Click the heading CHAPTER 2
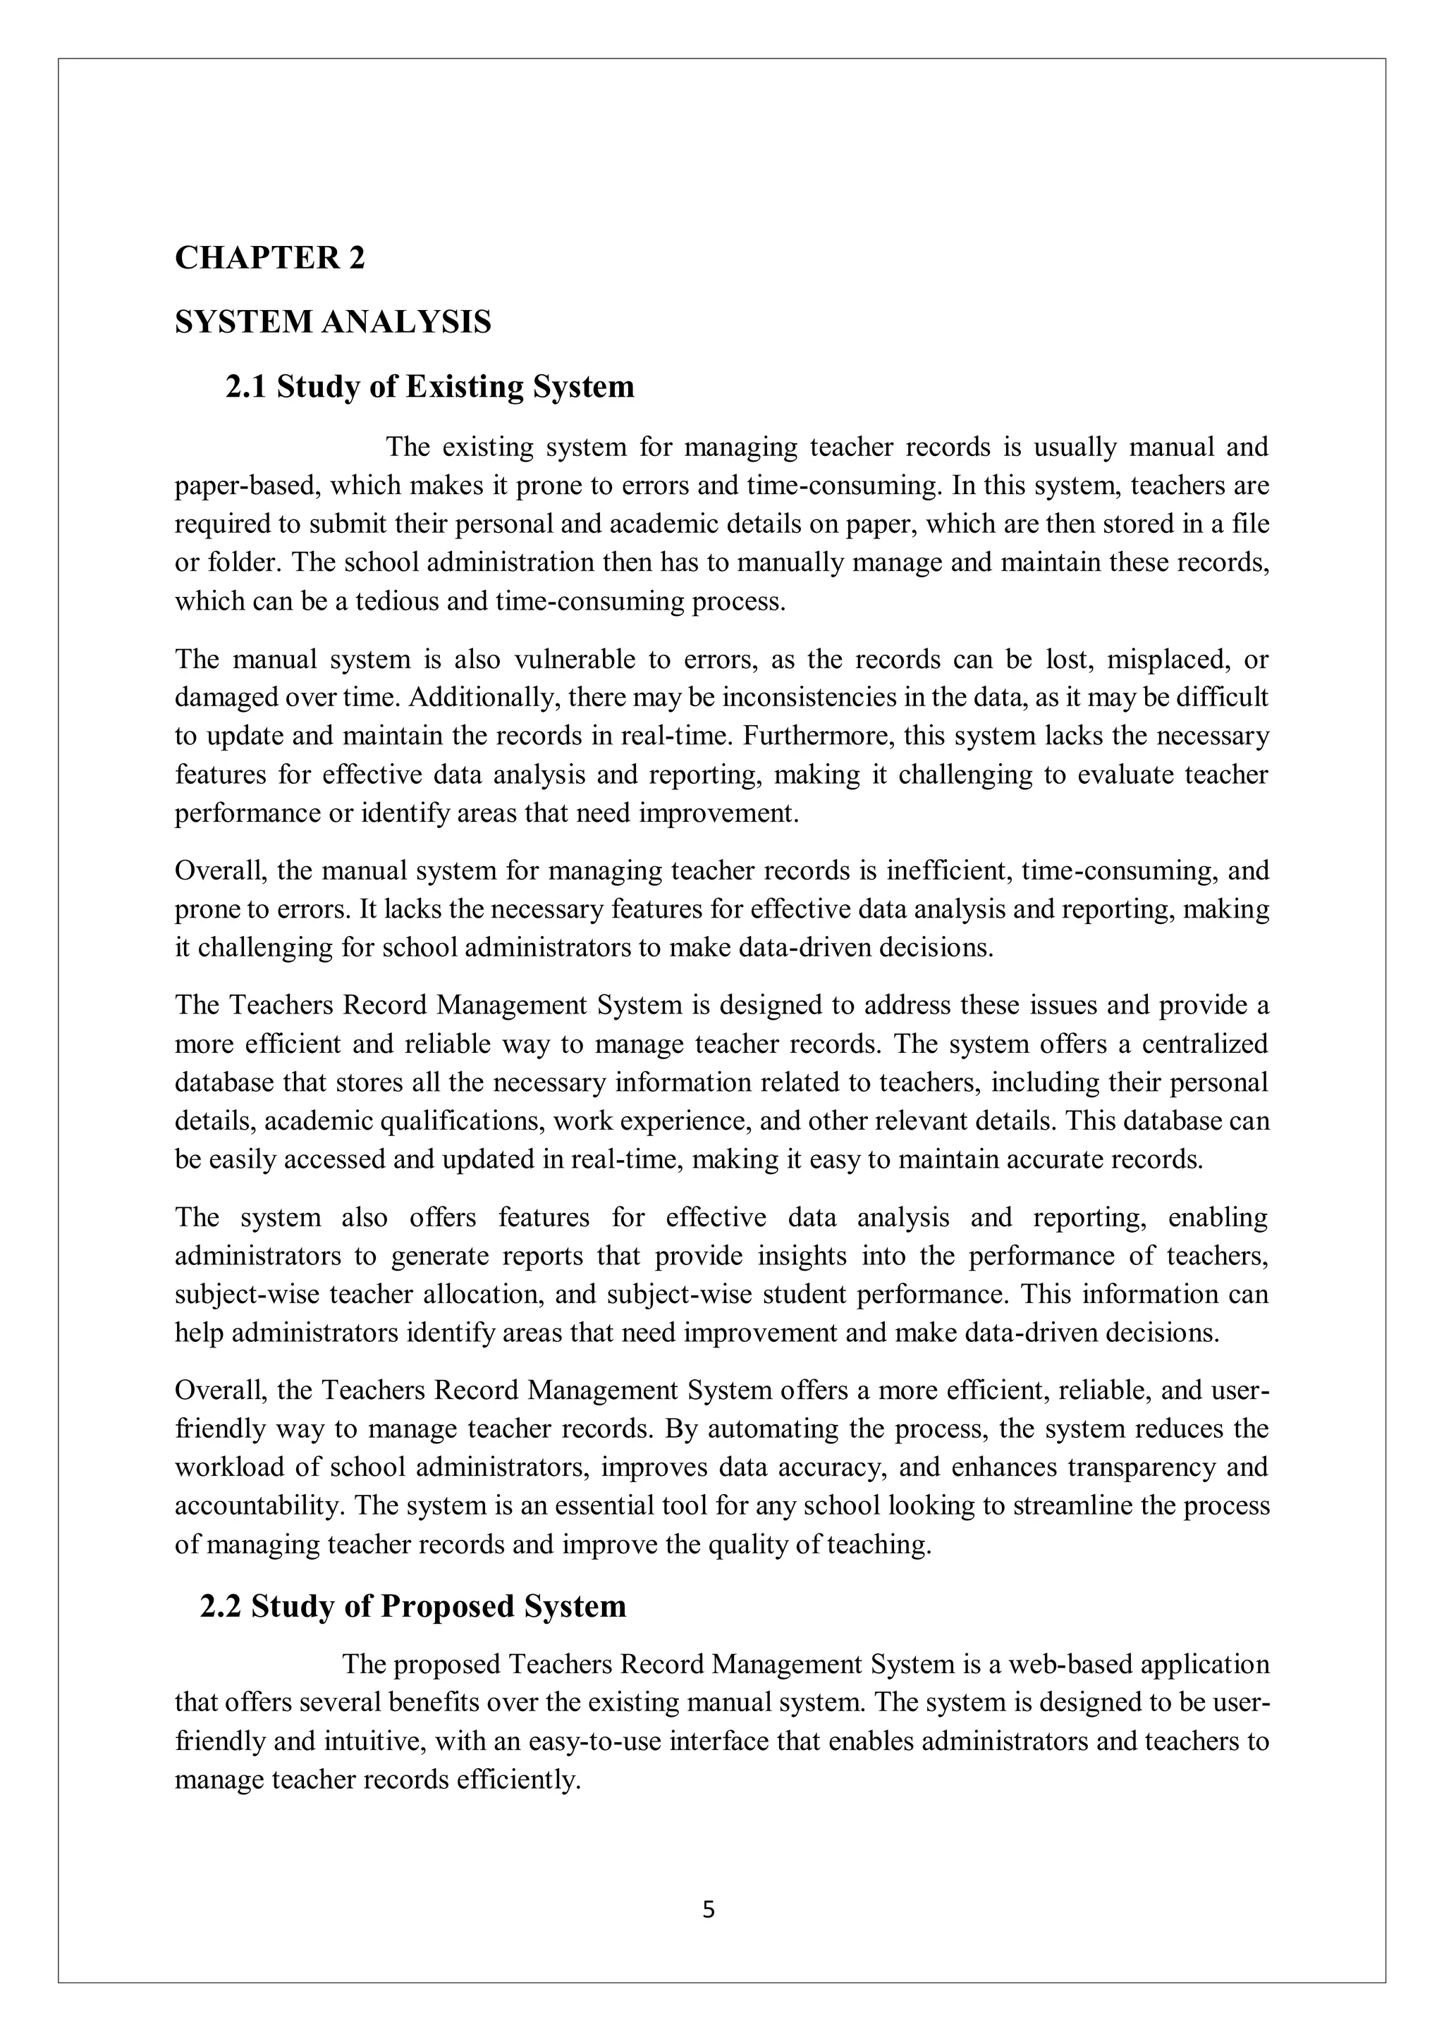(x=269, y=258)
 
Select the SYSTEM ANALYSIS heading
(x=333, y=322)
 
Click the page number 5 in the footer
(x=709, y=1909)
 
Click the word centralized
(x=1205, y=1044)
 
